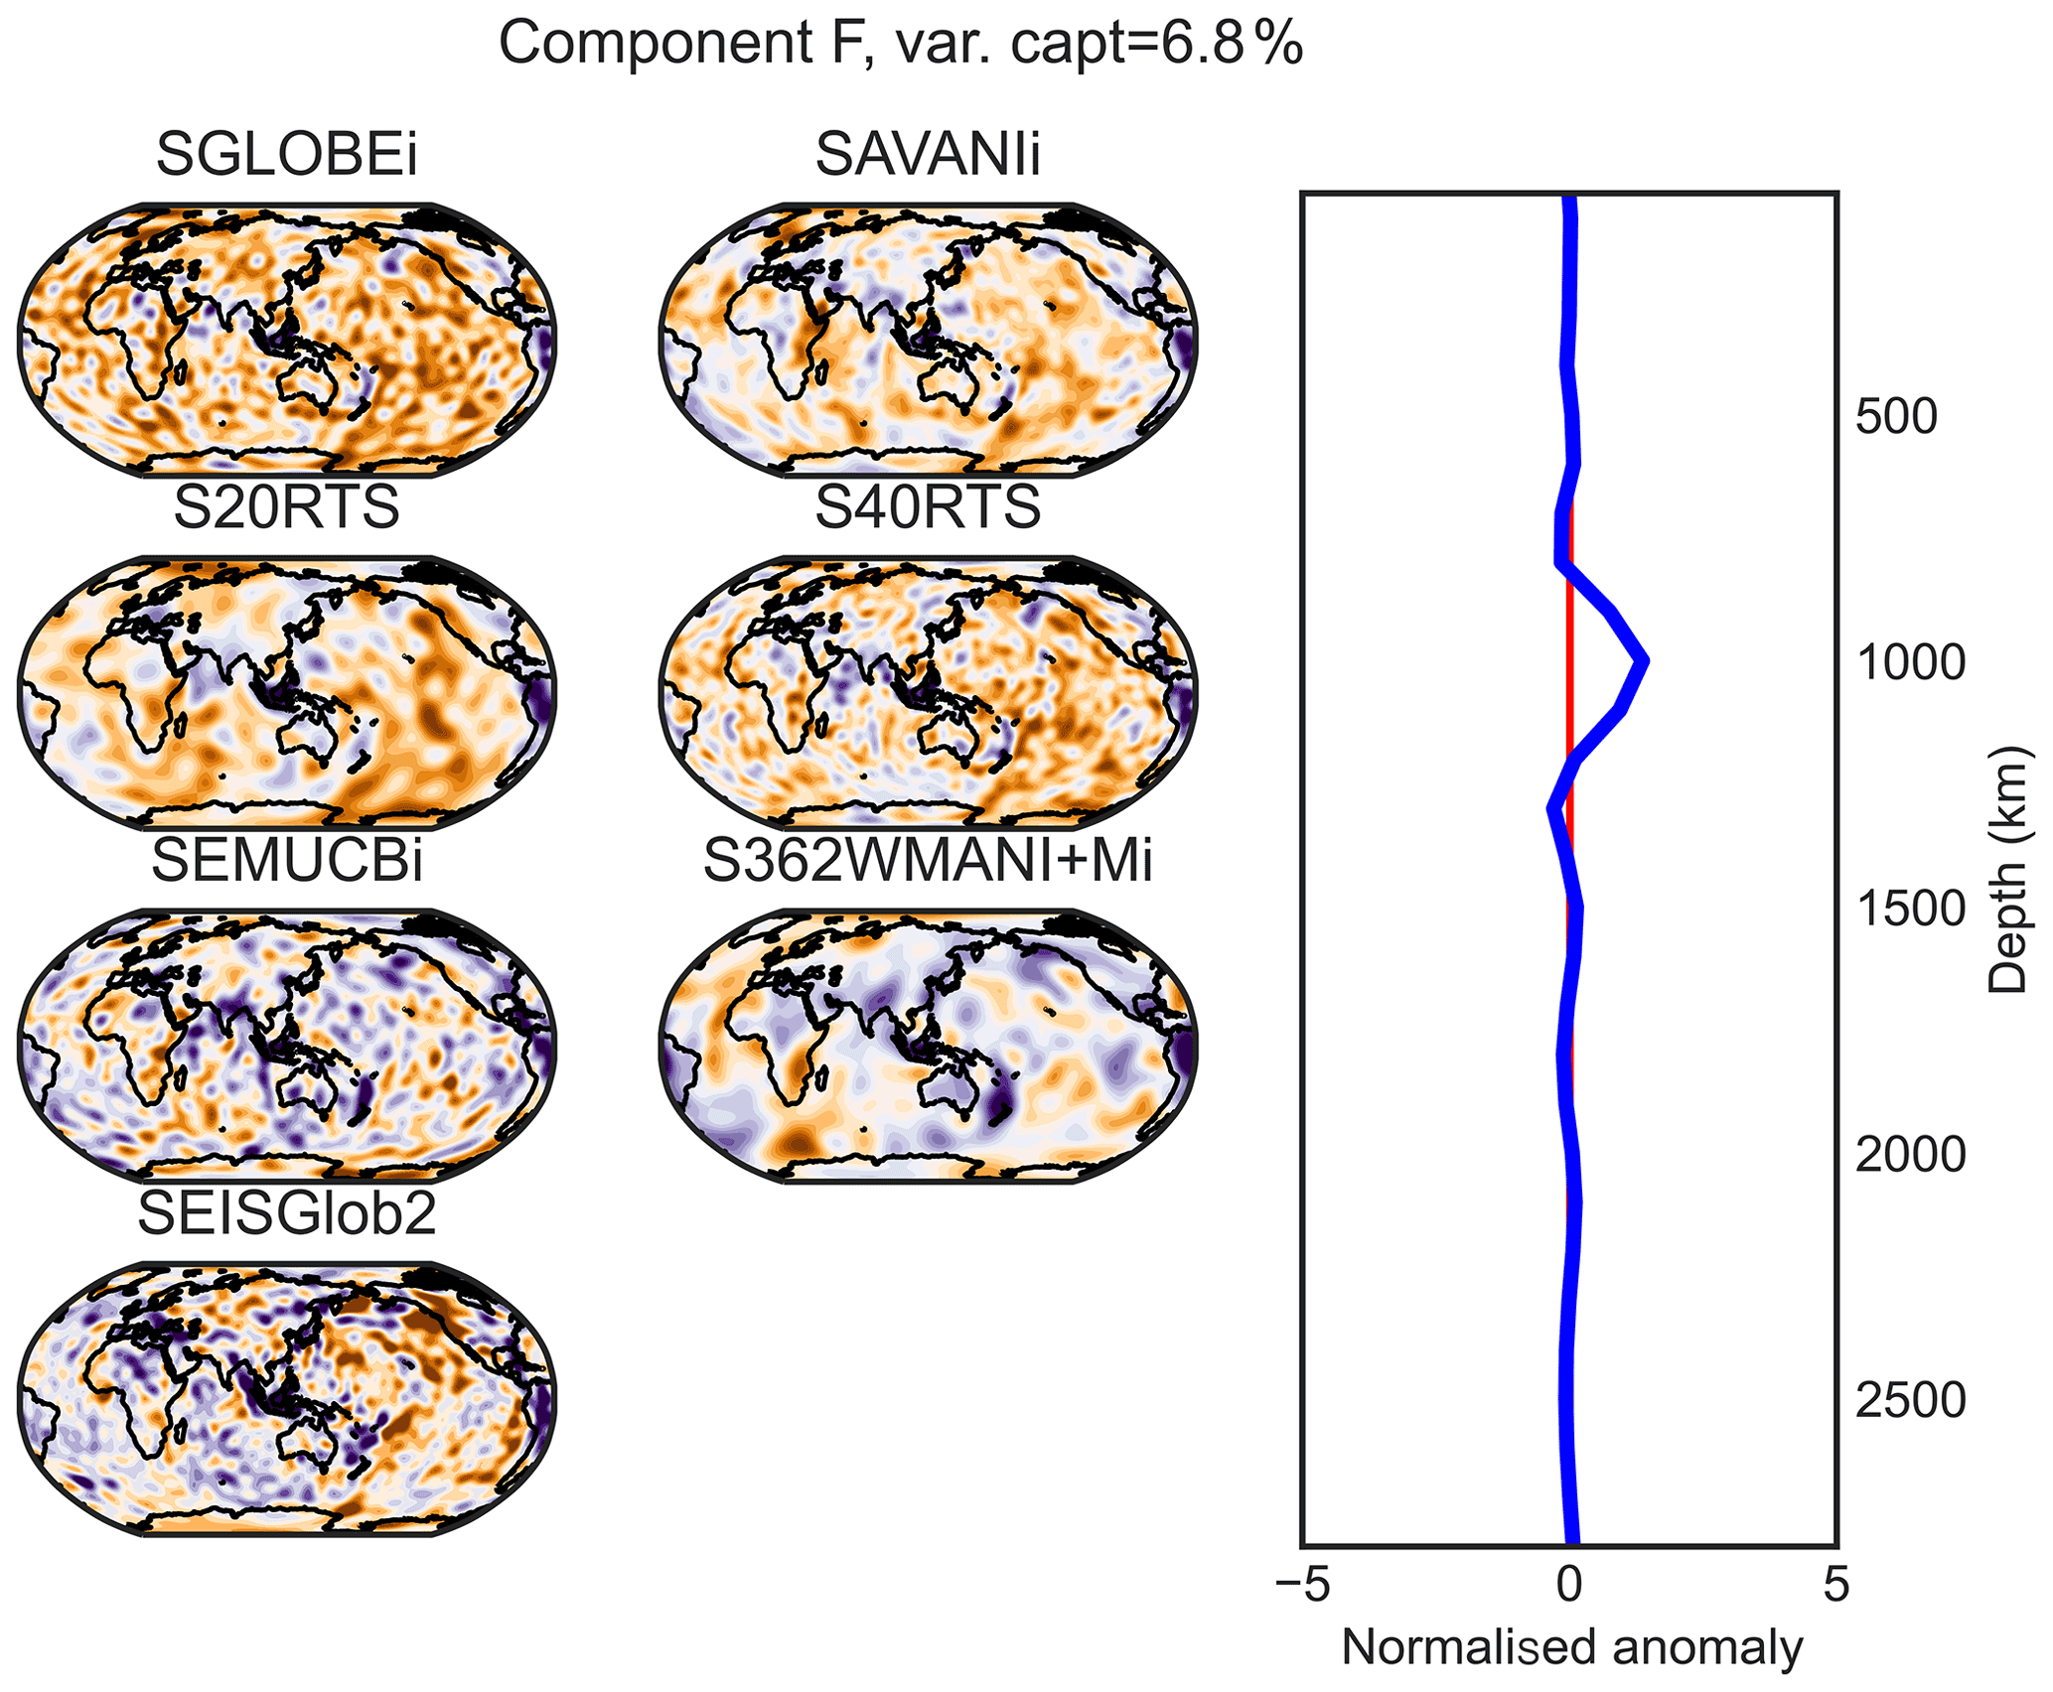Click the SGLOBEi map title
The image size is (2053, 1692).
pyautogui.click(x=286, y=156)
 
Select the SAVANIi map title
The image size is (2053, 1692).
pyautogui.click(x=928, y=156)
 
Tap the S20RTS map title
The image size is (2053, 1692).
pyautogui.click(x=286, y=507)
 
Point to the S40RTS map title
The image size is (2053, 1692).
pyautogui.click(x=928, y=507)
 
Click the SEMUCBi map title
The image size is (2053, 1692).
pyautogui.click(x=286, y=860)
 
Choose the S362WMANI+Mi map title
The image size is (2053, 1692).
pyautogui.click(x=928, y=860)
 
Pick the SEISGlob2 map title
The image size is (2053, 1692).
pyautogui.click(x=286, y=1212)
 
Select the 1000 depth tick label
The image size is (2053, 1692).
pyautogui.click(x=1910, y=663)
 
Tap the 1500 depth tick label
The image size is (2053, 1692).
pyautogui.click(x=1910, y=910)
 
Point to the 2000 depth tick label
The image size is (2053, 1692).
pyautogui.click(x=1910, y=1155)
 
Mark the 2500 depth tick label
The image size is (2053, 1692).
pyautogui.click(x=1910, y=1400)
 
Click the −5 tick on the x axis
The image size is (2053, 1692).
pyautogui.click(x=1301, y=1586)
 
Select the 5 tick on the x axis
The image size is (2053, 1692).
pyautogui.click(x=1836, y=1586)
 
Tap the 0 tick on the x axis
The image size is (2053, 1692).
pyautogui.click(x=1569, y=1586)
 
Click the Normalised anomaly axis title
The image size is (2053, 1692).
pyautogui.click(x=1571, y=1648)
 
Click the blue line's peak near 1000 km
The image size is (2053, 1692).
pyautogui.click(x=1645, y=660)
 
